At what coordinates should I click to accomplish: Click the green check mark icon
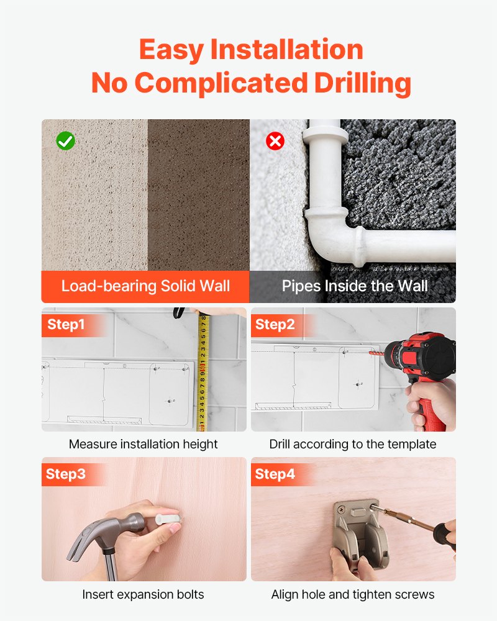(x=65, y=140)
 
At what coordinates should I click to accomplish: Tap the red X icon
(x=275, y=140)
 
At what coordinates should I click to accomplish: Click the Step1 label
(x=66, y=324)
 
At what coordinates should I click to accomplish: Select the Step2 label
(x=275, y=324)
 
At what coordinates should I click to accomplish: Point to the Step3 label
(x=66, y=474)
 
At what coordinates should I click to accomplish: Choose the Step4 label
(x=275, y=474)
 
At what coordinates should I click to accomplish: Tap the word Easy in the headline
(x=171, y=50)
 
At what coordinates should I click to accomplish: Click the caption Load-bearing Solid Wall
(x=145, y=286)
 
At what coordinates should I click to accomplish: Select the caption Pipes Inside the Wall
(x=355, y=286)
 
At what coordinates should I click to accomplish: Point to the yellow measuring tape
(x=203, y=370)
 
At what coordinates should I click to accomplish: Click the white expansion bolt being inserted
(x=168, y=519)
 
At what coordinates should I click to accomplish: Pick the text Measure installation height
(x=143, y=444)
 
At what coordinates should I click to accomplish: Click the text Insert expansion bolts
(x=143, y=594)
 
